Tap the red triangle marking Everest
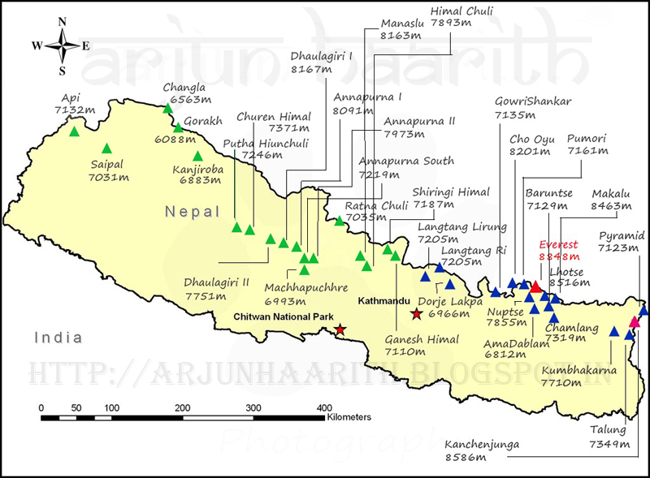535,286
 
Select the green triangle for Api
74,131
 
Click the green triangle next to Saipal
106,149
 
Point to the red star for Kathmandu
417,314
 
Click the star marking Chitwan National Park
340,329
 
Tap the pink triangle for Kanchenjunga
635,322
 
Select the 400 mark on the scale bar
323,407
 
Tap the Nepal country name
193,212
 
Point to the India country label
58,337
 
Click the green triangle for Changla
168,109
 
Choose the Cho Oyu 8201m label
532,145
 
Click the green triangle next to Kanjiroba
197,157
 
